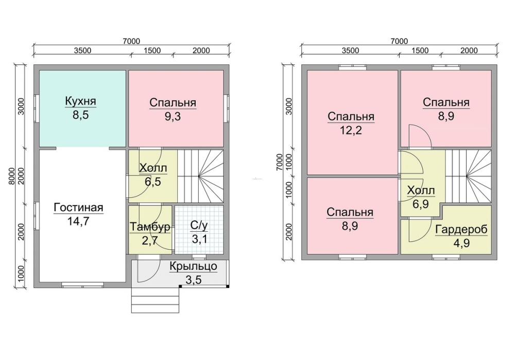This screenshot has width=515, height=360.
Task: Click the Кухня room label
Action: tap(80, 101)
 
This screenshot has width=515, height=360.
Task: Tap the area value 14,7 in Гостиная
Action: tap(78, 221)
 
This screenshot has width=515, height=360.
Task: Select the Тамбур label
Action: tap(150, 227)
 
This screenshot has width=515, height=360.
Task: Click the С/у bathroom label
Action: tap(199, 226)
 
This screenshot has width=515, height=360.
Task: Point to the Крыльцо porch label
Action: tap(194, 266)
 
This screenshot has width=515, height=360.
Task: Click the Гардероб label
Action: tap(461, 230)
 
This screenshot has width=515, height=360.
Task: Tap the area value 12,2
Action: tap(351, 130)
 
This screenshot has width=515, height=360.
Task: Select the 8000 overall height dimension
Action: tap(12, 176)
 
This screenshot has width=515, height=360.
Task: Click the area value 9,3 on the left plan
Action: tap(173, 116)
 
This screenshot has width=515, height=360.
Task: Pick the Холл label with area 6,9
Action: tap(421, 190)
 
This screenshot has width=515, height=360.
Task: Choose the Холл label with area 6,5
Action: tap(153, 168)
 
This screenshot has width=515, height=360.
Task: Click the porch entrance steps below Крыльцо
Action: tap(156, 300)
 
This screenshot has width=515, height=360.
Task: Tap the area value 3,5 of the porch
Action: tap(194, 280)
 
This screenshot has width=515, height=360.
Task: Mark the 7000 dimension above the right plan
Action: tap(399, 41)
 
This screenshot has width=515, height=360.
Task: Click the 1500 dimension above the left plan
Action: tap(152, 50)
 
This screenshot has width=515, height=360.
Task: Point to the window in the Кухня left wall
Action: tap(37, 108)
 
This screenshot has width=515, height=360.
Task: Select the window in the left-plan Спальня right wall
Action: tap(227, 108)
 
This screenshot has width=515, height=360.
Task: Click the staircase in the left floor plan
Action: tap(201, 176)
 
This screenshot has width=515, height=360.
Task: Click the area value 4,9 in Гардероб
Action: tap(461, 243)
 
